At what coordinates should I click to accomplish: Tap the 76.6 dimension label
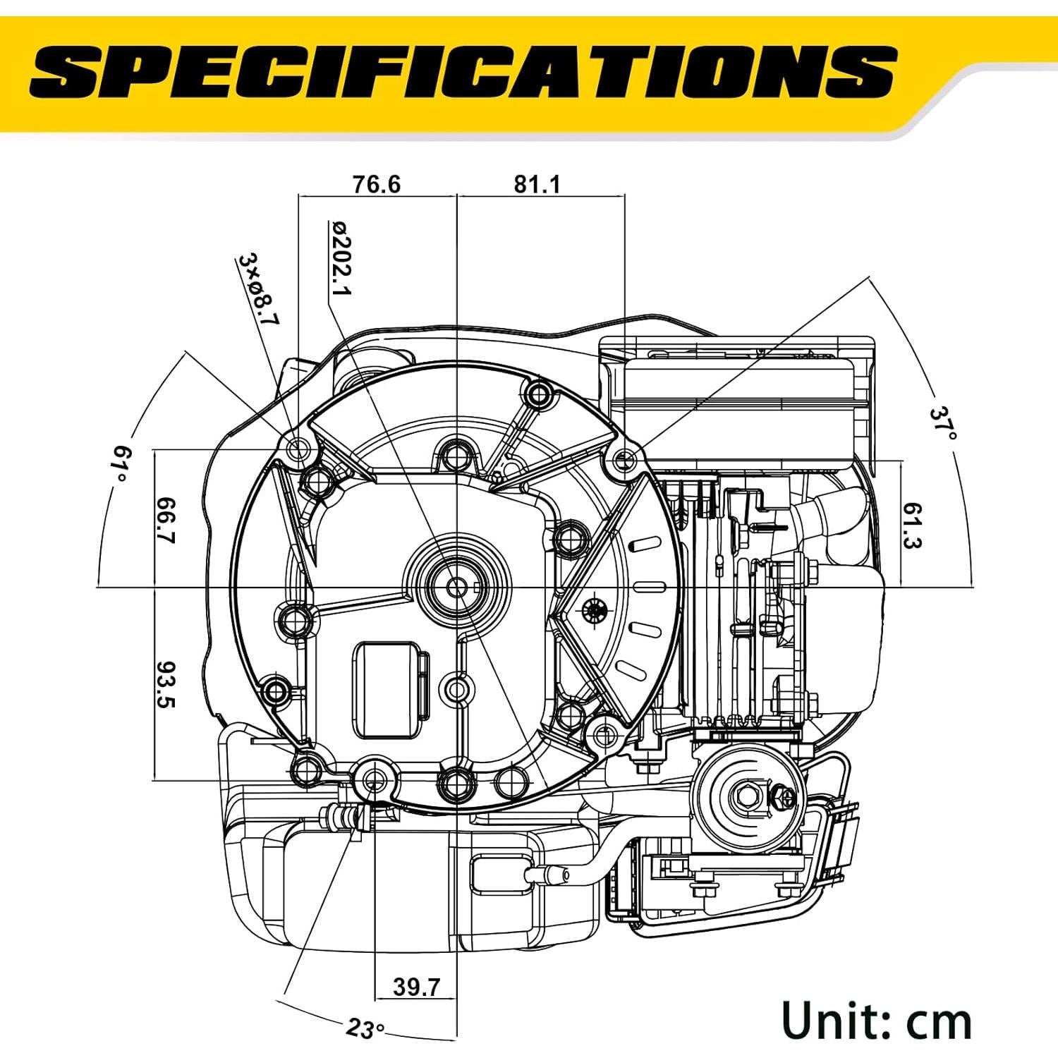(376, 184)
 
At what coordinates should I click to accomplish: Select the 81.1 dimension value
(537, 184)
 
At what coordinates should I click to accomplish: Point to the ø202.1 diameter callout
(341, 258)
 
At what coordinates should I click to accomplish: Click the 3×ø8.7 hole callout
(259, 289)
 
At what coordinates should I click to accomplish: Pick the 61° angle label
(121, 463)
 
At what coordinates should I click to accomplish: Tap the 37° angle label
(942, 422)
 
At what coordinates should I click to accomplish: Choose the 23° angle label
(365, 1028)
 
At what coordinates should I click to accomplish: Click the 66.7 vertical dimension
(166, 521)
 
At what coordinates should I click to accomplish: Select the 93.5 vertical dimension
(166, 684)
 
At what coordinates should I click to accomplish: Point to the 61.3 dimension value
(913, 525)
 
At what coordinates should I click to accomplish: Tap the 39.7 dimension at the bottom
(416, 987)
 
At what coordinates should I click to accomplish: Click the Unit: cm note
(877, 1021)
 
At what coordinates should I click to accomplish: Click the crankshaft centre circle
(457, 586)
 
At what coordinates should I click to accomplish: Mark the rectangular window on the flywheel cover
(387, 690)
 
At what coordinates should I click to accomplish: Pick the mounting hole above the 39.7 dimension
(375, 779)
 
